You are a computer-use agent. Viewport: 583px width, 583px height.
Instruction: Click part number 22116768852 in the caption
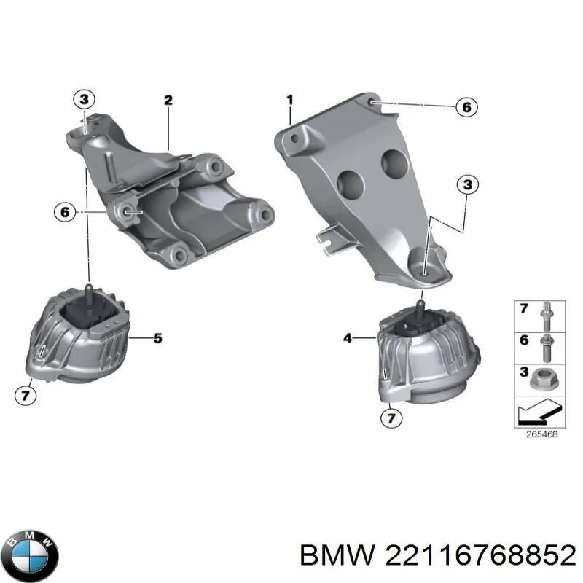click(481, 556)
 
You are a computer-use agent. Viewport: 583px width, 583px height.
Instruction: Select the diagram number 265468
click(541, 434)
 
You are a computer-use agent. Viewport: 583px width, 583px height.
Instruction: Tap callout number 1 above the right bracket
click(290, 100)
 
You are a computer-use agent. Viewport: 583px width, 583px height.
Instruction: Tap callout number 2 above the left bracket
click(168, 100)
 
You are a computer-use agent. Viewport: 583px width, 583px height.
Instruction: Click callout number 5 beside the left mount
click(158, 338)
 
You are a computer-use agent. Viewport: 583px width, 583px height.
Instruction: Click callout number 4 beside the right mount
click(348, 338)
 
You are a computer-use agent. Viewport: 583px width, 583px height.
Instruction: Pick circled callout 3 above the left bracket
click(85, 99)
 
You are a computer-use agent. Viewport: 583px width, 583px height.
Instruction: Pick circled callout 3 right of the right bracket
click(468, 184)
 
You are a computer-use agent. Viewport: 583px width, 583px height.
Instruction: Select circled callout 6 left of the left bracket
click(65, 212)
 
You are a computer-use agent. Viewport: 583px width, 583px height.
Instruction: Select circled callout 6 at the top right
click(466, 107)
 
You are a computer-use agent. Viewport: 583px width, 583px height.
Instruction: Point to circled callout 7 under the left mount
click(26, 395)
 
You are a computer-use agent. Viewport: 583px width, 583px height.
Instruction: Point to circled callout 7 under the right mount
click(391, 418)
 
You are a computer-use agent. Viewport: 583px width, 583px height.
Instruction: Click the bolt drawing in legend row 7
click(546, 317)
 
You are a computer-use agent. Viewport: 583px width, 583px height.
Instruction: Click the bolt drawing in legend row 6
click(546, 348)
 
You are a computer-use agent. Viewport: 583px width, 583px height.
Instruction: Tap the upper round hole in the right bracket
click(394, 163)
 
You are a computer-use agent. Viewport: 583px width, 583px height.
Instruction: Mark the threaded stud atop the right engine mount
click(420, 308)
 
